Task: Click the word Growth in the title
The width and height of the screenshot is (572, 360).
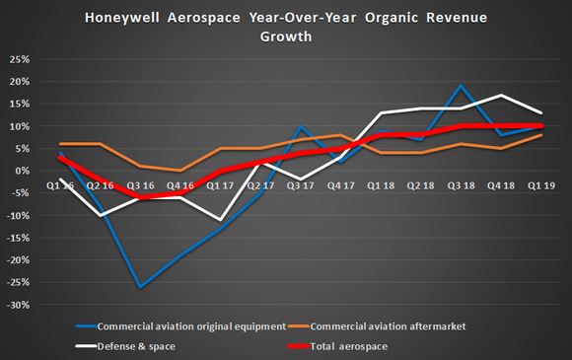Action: [x=286, y=37]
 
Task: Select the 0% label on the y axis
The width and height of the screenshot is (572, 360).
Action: [x=19, y=171]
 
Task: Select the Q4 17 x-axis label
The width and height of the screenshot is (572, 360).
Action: [x=332, y=183]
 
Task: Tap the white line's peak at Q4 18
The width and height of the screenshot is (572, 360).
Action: [x=505, y=95]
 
